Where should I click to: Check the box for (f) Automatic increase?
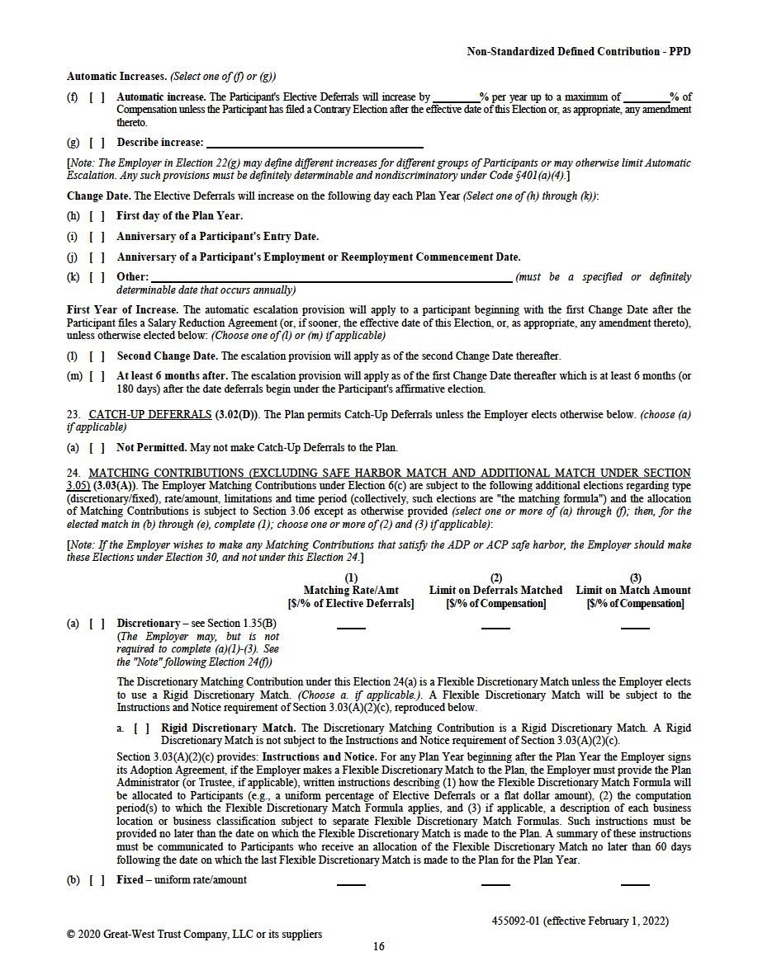coord(97,97)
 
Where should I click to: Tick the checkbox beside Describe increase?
coord(97,143)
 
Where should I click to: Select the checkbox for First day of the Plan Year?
coord(97,216)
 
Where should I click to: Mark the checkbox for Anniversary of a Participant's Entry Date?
coord(97,237)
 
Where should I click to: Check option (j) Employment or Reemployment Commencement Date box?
coord(97,257)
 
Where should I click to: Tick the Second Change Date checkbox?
coord(97,356)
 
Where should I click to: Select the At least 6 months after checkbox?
coord(97,377)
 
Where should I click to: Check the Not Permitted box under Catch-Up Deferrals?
coord(97,448)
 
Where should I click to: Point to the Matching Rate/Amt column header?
coord(351,591)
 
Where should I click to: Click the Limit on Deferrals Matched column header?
coord(495,591)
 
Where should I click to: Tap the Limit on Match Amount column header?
coord(633,591)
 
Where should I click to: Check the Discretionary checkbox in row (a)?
coord(97,624)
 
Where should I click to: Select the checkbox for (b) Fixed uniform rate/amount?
coord(97,879)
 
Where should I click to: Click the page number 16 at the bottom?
coord(379,946)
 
